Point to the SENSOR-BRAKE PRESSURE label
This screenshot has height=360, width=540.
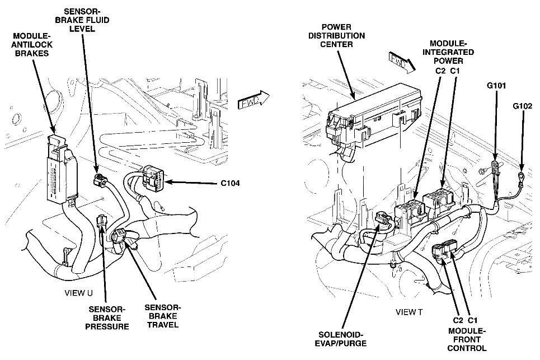(x=109, y=317)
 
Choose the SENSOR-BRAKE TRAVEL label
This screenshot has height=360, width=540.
(x=163, y=316)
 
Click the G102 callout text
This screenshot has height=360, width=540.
(x=523, y=105)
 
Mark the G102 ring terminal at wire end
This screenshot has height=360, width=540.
(x=520, y=179)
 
